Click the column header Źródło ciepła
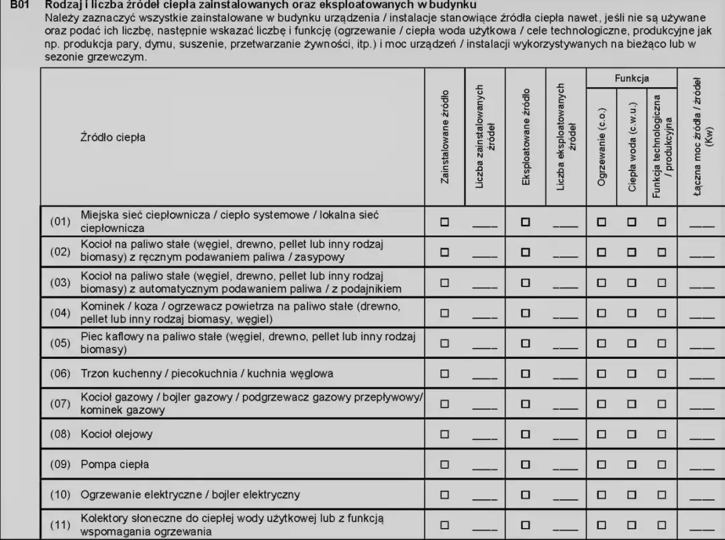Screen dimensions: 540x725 click(x=112, y=138)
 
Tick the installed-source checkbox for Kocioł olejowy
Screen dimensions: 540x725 click(x=444, y=434)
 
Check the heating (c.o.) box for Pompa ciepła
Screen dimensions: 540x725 click(x=601, y=464)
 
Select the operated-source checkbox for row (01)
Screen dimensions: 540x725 click(x=526, y=221)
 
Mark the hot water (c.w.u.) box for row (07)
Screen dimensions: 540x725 click(x=632, y=403)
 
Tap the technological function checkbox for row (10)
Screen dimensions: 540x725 click(x=662, y=495)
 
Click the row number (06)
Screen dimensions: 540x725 click(x=60, y=373)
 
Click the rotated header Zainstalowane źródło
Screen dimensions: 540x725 click(x=444, y=137)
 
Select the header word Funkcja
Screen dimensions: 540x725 click(x=632, y=78)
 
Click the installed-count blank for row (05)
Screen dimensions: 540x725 click(x=485, y=348)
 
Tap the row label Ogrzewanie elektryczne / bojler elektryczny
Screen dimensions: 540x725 click(x=190, y=495)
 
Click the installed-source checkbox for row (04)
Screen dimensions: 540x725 click(x=444, y=312)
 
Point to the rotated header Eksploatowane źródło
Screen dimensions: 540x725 click(x=526, y=137)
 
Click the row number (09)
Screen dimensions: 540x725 click(x=60, y=464)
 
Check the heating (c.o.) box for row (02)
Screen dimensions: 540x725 click(x=601, y=252)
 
